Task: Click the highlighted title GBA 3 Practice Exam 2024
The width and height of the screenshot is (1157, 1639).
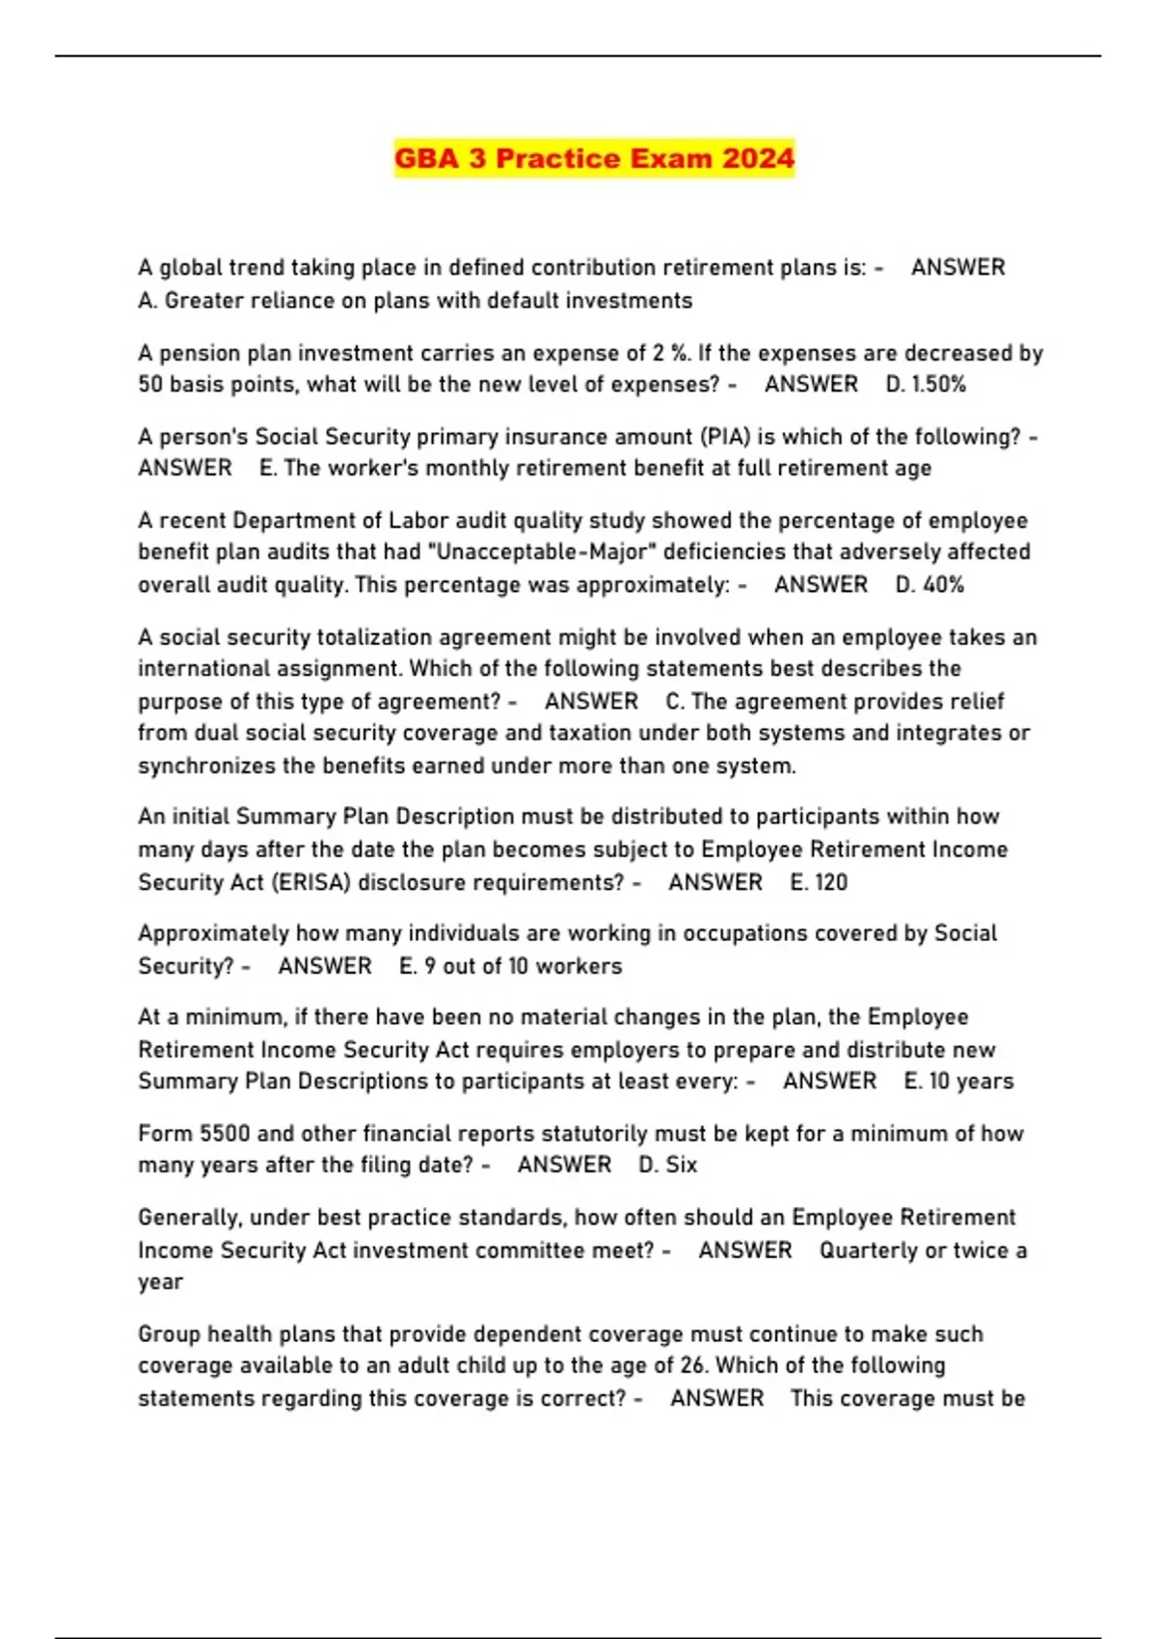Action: tap(594, 158)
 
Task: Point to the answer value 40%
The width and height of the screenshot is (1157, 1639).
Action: tap(943, 584)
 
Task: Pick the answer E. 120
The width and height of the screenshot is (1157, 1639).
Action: tap(819, 882)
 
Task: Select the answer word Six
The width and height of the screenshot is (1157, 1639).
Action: tap(681, 1165)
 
